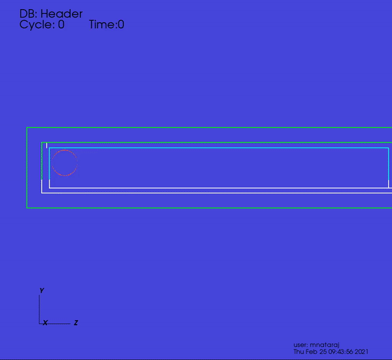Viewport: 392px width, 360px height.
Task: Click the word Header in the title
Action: (x=61, y=14)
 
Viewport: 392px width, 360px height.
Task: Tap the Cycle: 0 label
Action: (x=42, y=24)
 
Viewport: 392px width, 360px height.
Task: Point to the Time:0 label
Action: (x=106, y=24)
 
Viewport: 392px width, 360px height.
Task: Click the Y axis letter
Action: (x=42, y=291)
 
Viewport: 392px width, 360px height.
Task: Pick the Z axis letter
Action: (x=76, y=323)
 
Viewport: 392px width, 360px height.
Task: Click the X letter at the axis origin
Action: (x=45, y=323)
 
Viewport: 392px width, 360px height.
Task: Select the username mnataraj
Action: (x=325, y=345)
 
